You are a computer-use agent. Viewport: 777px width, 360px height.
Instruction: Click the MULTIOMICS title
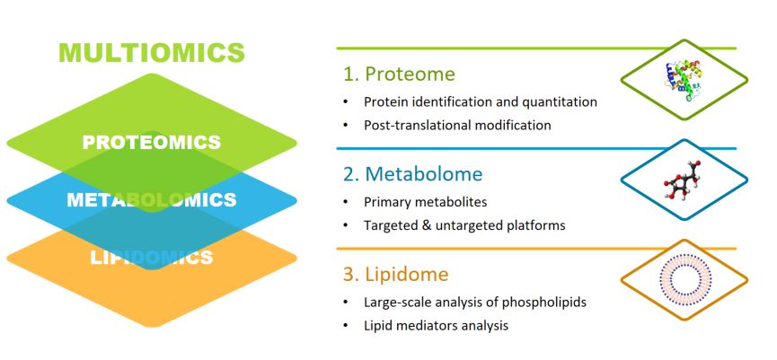pos(151,52)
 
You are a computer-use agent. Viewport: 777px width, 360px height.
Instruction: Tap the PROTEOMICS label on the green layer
pos(151,143)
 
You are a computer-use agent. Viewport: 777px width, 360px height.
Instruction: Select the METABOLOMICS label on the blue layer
pos(151,200)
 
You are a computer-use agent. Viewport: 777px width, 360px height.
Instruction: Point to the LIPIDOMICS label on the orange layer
pos(151,258)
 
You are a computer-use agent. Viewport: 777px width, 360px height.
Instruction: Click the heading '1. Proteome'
pos(399,74)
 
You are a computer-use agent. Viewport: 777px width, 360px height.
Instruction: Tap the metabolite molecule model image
pos(685,183)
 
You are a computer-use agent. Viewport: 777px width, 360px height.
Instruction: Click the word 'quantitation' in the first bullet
pos(560,101)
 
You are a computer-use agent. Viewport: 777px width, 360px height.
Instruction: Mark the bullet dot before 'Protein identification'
pos(347,102)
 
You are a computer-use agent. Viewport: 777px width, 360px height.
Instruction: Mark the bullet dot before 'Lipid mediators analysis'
pos(347,326)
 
